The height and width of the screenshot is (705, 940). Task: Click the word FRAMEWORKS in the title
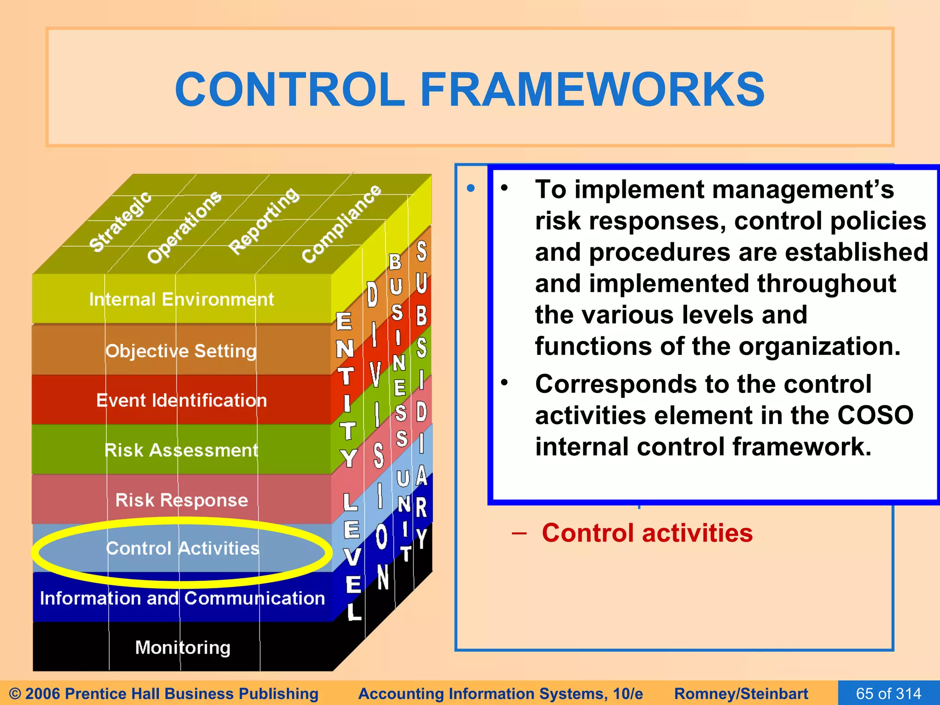pos(592,90)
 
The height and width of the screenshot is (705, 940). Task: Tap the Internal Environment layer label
pos(181,299)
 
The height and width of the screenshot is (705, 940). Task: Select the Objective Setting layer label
pos(181,351)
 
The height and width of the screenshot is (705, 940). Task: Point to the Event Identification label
pos(181,400)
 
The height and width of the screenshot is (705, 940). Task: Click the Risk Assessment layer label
pos(181,450)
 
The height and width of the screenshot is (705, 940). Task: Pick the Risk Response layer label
pos(181,499)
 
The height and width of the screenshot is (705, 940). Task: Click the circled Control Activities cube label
pos(182,548)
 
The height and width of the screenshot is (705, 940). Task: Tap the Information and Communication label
pos(182,598)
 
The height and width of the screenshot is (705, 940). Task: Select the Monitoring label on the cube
pos(183,647)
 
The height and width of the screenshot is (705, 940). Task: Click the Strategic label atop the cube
pos(120,222)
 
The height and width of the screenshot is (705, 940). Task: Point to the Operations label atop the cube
pos(185,227)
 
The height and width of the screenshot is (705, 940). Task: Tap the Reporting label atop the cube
pos(264,221)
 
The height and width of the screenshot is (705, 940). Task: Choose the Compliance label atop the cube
pos(341,224)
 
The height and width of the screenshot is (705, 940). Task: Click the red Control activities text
pos(647,533)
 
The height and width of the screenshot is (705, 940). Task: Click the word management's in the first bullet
pos(734,189)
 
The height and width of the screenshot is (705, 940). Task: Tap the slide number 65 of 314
pos(889,693)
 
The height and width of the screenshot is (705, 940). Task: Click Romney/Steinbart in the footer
pos(741,694)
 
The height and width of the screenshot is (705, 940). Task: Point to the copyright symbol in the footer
pos(15,694)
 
